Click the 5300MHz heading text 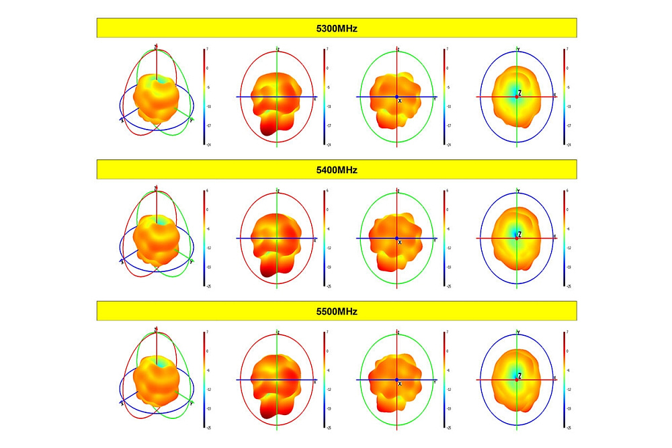337,28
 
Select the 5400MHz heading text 337,169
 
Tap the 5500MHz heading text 337,311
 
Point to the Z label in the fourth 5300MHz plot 520,93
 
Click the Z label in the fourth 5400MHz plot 520,234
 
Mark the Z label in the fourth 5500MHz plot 520,376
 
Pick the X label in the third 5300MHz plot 400,101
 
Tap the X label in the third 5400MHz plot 400,242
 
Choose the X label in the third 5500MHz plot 400,384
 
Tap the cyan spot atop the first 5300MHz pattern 160,80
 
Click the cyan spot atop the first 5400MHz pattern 160,220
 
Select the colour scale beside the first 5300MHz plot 204,97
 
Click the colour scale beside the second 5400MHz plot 325,238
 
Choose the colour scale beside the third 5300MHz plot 444,97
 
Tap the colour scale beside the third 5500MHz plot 444,380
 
